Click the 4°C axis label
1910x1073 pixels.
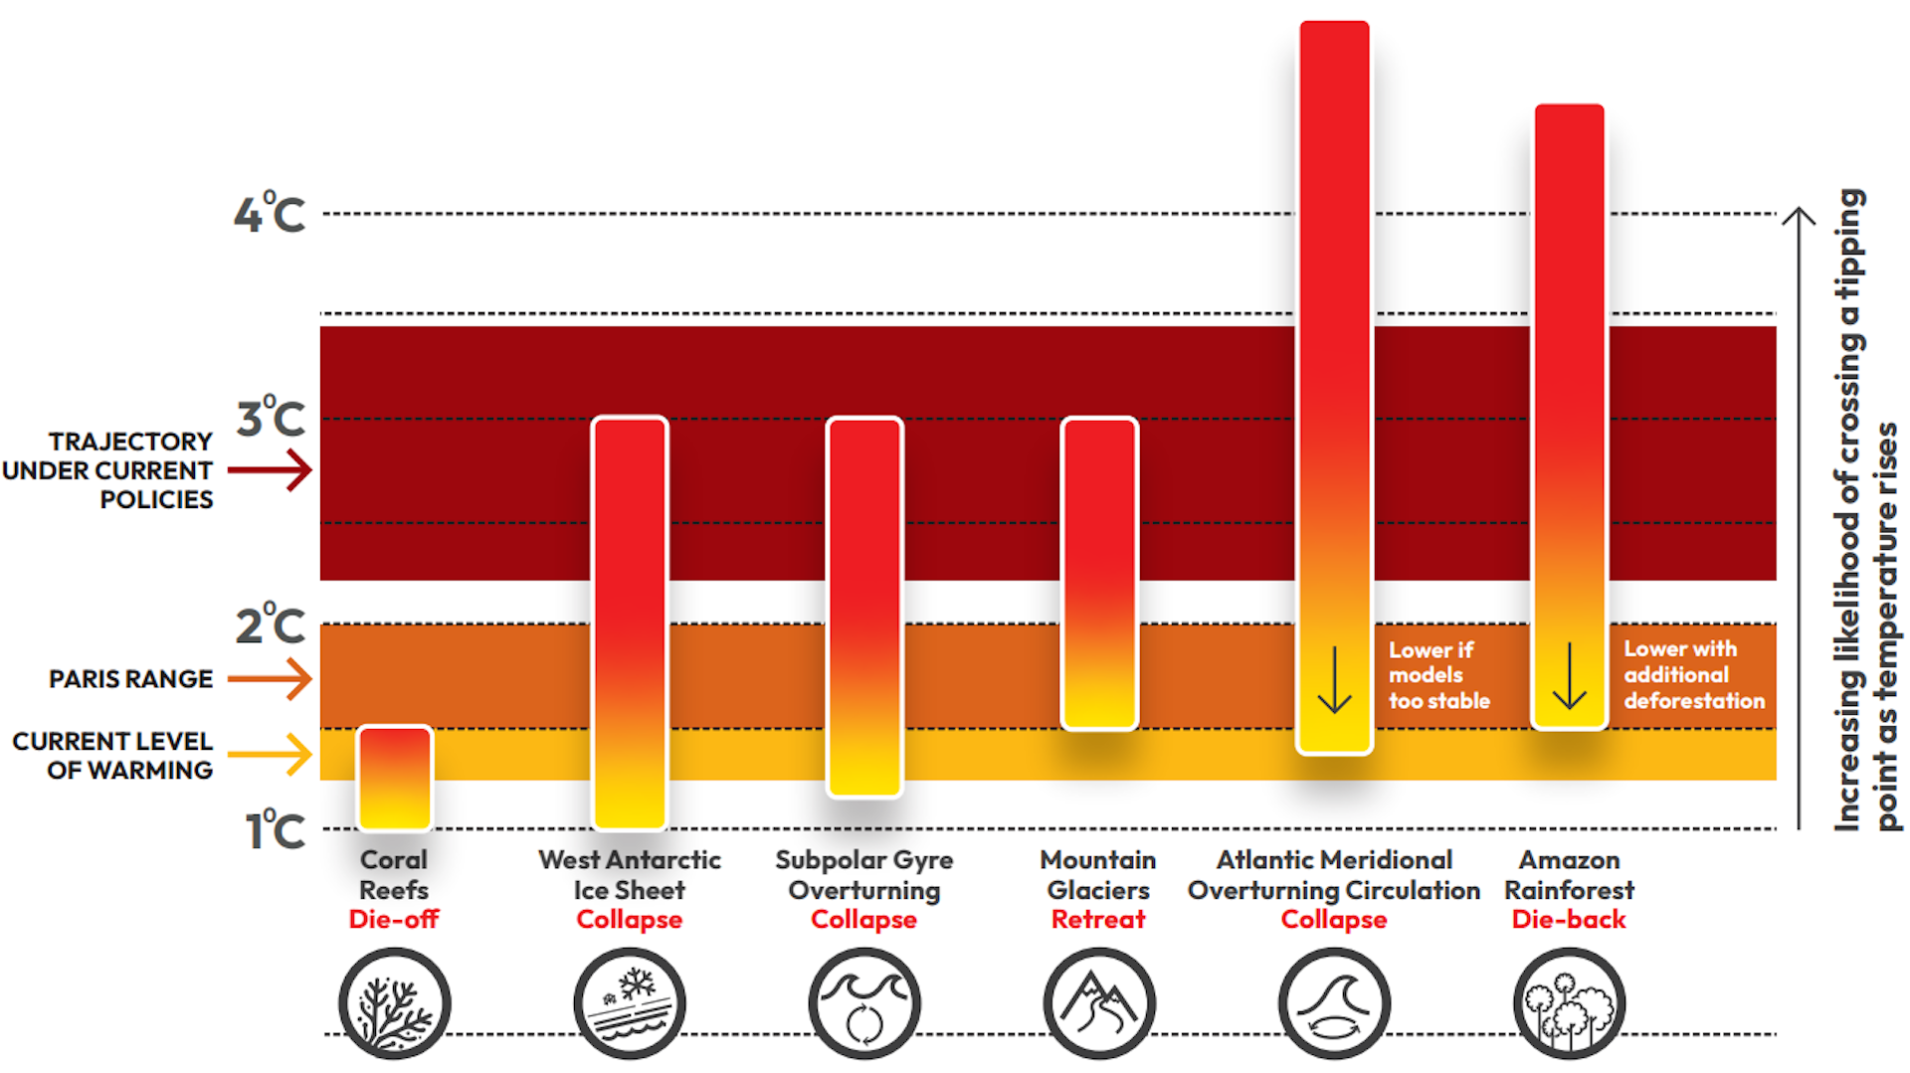click(x=270, y=214)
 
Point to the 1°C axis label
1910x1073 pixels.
click(x=275, y=830)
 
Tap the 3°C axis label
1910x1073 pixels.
click(x=271, y=419)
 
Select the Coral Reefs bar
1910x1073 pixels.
click(x=394, y=778)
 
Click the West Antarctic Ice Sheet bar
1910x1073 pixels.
click(x=629, y=623)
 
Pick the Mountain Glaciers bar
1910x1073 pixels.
click(x=1098, y=573)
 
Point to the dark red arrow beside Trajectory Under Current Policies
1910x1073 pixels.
click(x=271, y=469)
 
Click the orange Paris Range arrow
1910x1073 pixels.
click(x=271, y=679)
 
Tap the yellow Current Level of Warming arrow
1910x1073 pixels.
click(x=271, y=754)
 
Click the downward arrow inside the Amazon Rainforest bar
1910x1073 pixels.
click(x=1569, y=676)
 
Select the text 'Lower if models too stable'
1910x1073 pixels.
click(x=1438, y=675)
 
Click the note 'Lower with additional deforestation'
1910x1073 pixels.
click(x=1693, y=675)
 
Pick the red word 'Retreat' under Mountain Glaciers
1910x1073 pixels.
click(x=1098, y=920)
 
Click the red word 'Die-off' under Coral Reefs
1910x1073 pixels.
click(x=394, y=920)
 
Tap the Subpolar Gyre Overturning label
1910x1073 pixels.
click(x=863, y=875)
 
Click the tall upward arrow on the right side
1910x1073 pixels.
click(x=1799, y=517)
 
